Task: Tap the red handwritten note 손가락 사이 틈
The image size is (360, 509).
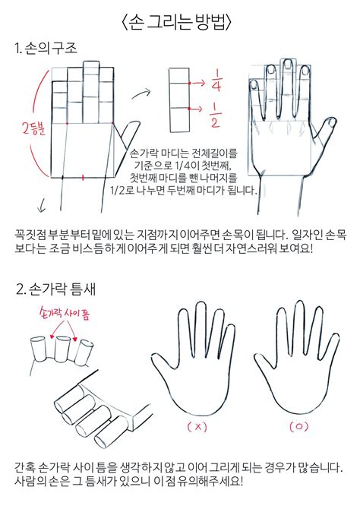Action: click(x=64, y=313)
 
